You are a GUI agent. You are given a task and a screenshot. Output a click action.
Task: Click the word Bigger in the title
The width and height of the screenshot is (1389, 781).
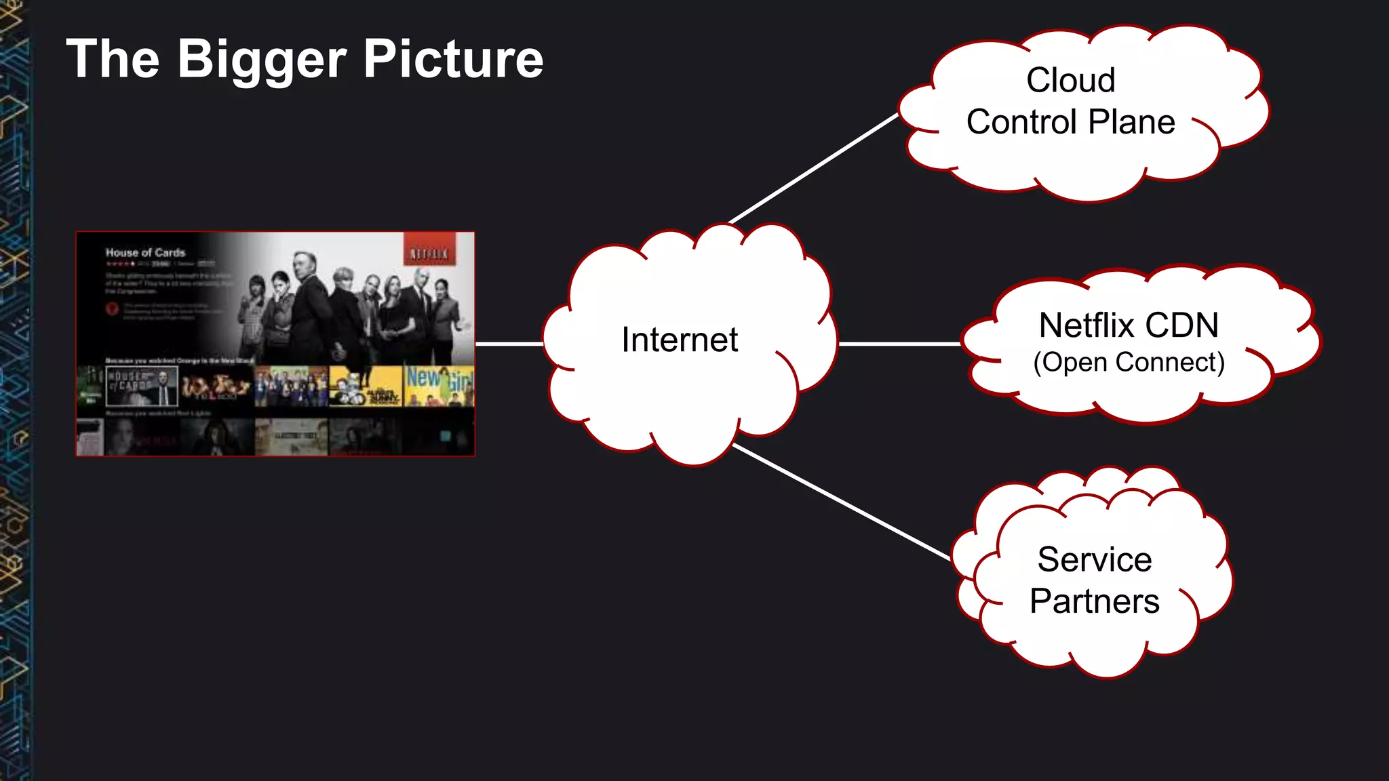pos(262,60)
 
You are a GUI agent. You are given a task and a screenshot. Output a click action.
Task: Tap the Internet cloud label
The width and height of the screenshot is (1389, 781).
pos(680,340)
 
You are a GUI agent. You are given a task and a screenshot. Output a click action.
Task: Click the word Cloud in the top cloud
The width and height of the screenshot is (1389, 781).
pos(1070,80)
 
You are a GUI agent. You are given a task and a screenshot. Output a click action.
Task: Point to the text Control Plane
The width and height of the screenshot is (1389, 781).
pos(1070,122)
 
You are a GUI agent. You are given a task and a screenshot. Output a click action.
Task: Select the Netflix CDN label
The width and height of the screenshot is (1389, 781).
pos(1129,325)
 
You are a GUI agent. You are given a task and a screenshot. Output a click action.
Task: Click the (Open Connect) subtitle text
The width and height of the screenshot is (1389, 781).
pos(1129,363)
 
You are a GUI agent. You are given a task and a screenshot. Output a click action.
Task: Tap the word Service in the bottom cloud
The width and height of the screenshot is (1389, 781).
pos(1094,560)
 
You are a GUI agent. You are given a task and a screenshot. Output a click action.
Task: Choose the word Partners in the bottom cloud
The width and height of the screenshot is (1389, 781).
pos(1094,601)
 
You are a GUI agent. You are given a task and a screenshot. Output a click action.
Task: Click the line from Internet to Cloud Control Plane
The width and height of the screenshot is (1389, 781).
pos(814,169)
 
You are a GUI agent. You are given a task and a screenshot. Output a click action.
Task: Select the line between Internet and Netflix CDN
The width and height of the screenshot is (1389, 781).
pos(899,344)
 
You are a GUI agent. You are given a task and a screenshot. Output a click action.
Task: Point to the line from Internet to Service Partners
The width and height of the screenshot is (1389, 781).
pos(841,502)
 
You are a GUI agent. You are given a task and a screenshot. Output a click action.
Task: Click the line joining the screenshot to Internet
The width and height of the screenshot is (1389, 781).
pos(509,344)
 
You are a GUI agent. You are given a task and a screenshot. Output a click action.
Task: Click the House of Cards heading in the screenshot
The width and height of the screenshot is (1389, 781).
pos(145,252)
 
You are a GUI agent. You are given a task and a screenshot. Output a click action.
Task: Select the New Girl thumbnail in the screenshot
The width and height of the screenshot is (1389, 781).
pos(439,386)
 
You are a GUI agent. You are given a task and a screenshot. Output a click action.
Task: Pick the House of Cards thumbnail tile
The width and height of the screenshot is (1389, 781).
pos(142,387)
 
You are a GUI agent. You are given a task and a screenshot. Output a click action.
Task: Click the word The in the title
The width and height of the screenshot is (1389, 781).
pos(113,60)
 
